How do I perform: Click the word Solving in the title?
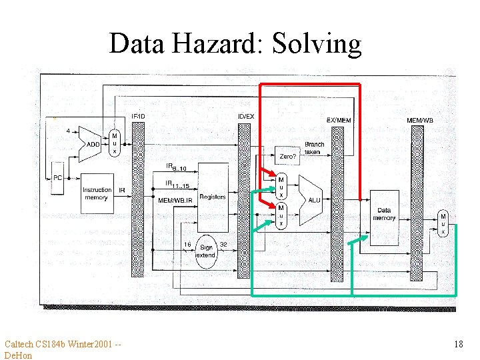point(317,44)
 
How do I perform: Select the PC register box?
point(58,178)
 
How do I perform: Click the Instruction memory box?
point(96,193)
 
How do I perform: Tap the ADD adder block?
point(93,145)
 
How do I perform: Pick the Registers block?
point(212,196)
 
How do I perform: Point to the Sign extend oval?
point(205,251)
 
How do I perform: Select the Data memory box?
point(384,215)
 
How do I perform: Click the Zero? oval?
point(288,156)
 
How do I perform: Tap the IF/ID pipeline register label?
point(138,116)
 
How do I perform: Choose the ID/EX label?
point(245,116)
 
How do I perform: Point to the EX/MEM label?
point(338,120)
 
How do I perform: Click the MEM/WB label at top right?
point(419,121)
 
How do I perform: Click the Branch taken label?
point(314,148)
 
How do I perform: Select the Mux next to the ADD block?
point(114,143)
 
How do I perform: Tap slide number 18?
point(458,344)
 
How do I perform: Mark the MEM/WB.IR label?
point(175,200)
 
